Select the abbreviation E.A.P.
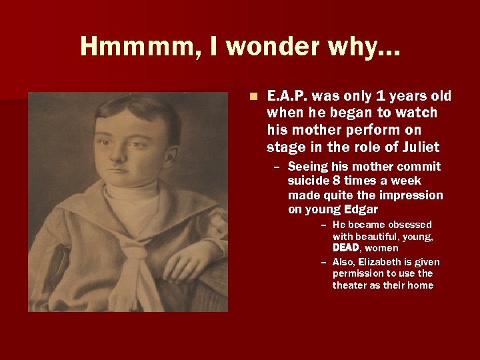coord(289,96)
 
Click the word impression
coord(413,195)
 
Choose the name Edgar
coord(360,209)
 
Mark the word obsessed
coord(410,225)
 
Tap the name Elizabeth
coord(382,262)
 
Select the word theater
coord(350,285)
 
